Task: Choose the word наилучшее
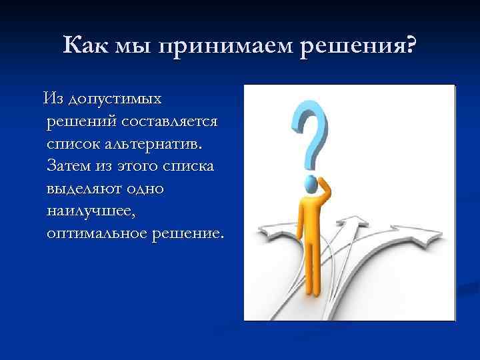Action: [x=94, y=211]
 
